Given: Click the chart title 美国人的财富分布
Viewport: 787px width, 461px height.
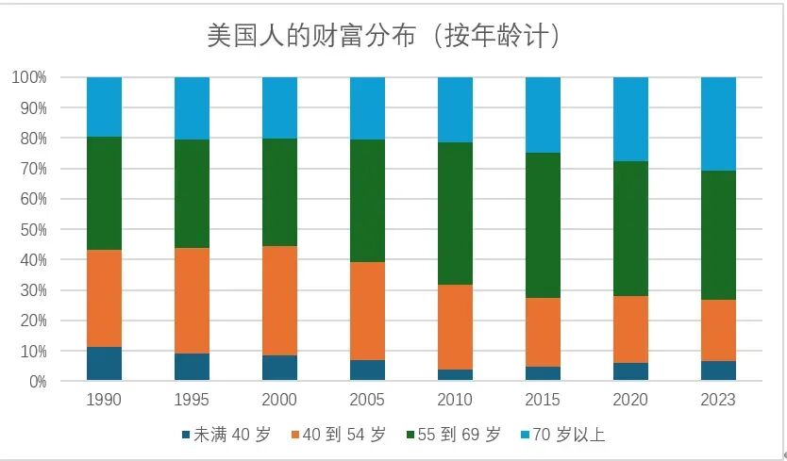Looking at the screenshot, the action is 311,36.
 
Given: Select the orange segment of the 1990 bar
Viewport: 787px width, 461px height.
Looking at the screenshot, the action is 105,299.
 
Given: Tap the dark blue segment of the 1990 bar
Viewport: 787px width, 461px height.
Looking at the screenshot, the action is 105,364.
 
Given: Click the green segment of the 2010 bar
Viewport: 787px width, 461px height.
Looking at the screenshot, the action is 455,214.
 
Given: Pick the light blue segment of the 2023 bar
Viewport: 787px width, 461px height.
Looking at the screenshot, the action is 718,123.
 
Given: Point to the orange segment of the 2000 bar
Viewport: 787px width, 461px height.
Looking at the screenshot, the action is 279,301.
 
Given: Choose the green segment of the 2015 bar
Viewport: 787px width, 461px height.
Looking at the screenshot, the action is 544,225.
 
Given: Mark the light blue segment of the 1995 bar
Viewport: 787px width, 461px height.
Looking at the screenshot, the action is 192,108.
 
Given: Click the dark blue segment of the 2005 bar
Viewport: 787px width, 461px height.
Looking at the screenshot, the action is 367,370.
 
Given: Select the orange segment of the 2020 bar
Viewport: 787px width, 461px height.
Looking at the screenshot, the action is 631,330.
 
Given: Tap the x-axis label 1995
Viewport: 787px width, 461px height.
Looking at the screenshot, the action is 192,400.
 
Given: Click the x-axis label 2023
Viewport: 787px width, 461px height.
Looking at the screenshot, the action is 718,400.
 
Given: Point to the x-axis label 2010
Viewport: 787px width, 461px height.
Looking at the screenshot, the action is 455,400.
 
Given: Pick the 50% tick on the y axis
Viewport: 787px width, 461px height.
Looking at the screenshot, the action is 33,230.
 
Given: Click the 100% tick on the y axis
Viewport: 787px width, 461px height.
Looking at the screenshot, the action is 29,77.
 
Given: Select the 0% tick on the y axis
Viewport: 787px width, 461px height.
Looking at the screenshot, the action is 38,382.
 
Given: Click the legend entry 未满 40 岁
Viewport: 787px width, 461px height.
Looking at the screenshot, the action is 226,435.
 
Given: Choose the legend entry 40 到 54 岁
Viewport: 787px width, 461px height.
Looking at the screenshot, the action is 339,435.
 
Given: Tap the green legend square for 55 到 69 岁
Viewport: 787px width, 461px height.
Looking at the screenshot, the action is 410,435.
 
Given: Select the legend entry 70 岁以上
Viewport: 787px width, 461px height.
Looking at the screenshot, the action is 562,435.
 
